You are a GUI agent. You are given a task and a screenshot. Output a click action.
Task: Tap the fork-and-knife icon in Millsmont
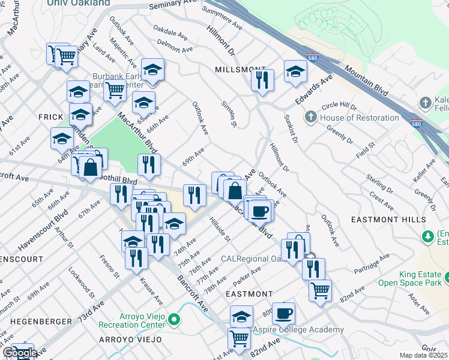point(262,80)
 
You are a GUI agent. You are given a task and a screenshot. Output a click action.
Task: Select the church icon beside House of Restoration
point(311,117)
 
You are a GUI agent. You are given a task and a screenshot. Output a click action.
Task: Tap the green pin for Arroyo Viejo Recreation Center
point(174,319)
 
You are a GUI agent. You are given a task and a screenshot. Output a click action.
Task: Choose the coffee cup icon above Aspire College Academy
point(283,313)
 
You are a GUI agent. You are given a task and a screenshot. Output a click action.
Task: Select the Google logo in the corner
point(19,353)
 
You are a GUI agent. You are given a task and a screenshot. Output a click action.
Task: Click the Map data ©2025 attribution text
point(424,355)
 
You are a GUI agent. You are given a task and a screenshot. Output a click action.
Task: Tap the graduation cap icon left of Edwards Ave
point(295,72)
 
